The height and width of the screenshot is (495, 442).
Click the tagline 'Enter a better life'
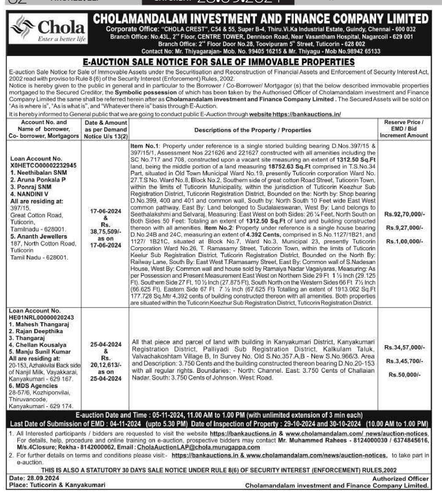point(61,39)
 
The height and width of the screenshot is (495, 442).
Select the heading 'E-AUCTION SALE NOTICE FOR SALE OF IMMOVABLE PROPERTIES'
point(219,62)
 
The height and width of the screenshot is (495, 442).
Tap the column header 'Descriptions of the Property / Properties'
point(253,130)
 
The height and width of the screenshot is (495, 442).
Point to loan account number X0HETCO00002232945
point(43,165)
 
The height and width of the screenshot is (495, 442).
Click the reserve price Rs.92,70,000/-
point(405,214)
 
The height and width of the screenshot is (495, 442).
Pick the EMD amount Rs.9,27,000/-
point(405,228)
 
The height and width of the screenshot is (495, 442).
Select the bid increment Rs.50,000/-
point(405,375)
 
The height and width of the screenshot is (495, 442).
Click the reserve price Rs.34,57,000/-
point(405,348)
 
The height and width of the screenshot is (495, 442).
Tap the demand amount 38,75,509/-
point(106,231)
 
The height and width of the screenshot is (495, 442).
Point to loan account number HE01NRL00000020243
point(41,317)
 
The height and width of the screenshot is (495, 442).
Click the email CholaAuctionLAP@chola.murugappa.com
point(199,447)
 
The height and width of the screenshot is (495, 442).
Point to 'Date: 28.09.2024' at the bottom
point(34,478)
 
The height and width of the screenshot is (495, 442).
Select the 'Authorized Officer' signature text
point(400,479)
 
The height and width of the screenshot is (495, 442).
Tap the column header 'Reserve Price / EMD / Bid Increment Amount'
point(404,129)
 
